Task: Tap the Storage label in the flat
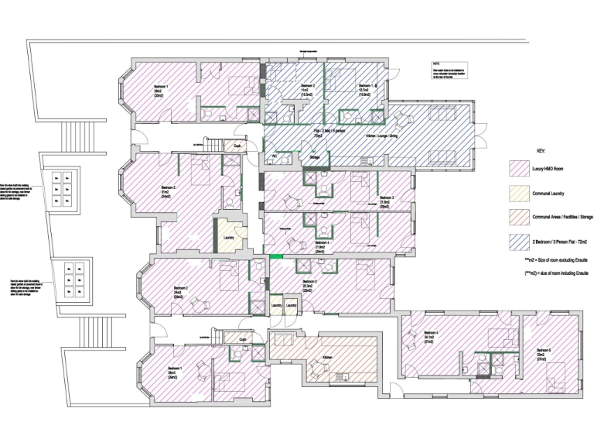pyautogui.click(x=314, y=157)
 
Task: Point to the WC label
pyautogui.click(x=274, y=156)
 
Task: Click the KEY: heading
pyautogui.click(x=541, y=151)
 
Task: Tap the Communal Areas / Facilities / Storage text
pyautogui.click(x=561, y=216)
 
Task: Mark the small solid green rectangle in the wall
pyautogui.click(x=275, y=257)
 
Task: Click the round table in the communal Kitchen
pyautogui.click(x=316, y=370)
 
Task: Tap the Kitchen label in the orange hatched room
pyautogui.click(x=327, y=357)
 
